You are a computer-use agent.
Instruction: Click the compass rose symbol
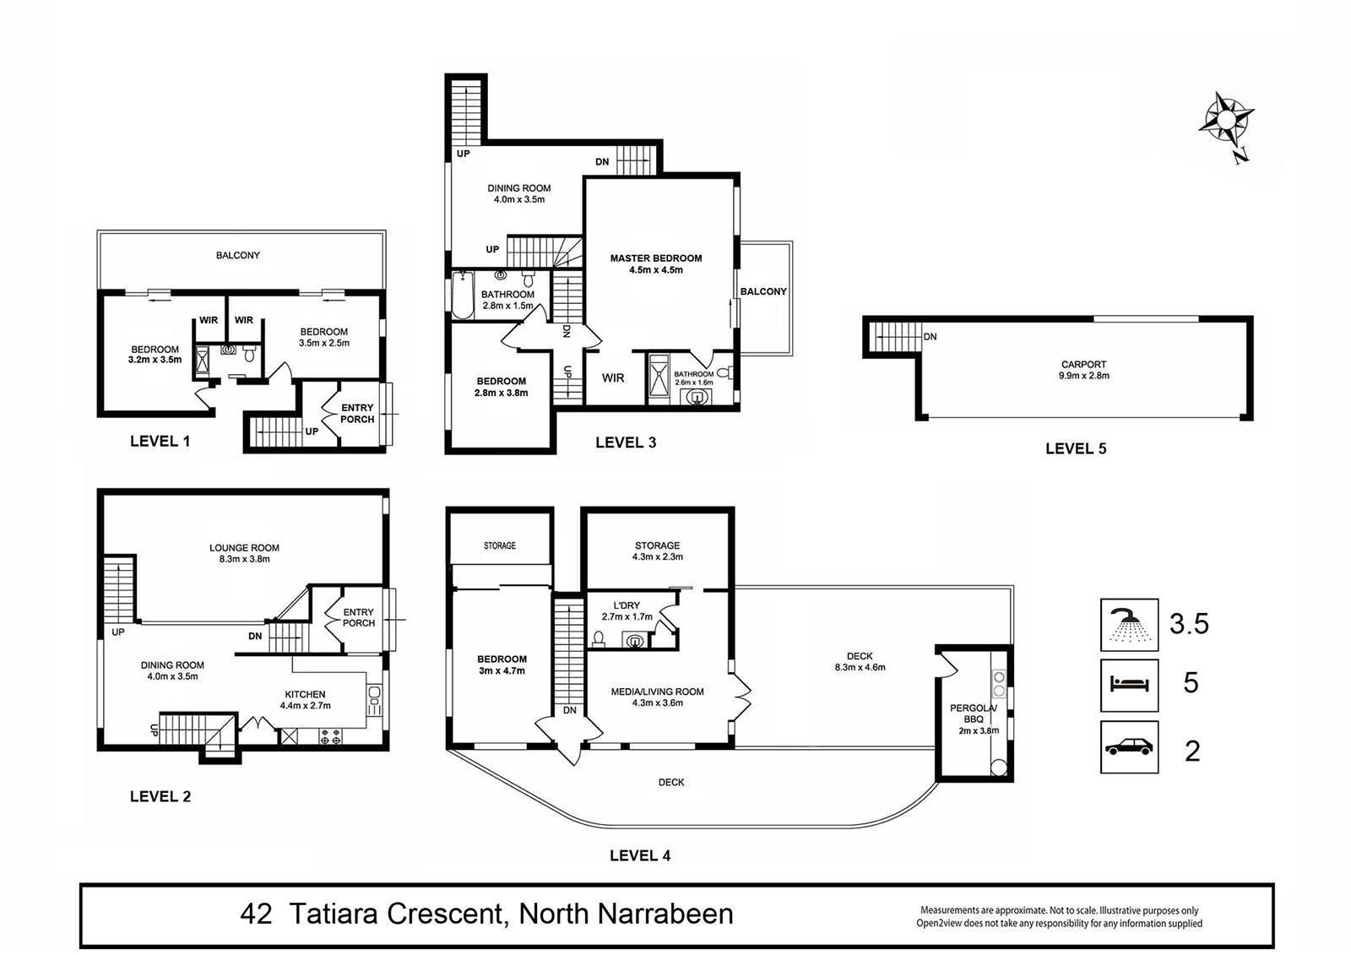pos(1225,122)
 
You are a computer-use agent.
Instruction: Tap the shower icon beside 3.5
pos(1129,624)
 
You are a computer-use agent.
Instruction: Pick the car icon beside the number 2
pos(1129,747)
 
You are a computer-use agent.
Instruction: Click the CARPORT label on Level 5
pos(1084,365)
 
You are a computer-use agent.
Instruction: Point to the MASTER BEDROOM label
pos(656,258)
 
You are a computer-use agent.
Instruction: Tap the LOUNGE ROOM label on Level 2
pos(244,548)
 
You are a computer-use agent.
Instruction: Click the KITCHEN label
pos(305,694)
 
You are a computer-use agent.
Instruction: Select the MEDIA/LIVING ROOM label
pos(658,692)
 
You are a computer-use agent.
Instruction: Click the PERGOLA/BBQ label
pos(974,714)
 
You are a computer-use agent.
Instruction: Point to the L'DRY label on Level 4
pos(627,605)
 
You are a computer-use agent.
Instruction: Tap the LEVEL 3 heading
pos(626,442)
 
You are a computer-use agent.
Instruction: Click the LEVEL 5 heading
pos(1076,449)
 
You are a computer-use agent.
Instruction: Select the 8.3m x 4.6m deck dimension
pos(860,667)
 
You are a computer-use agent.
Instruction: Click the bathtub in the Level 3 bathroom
pos(463,295)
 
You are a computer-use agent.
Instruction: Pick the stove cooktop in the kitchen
pos(330,736)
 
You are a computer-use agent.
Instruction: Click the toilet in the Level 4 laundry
pos(599,638)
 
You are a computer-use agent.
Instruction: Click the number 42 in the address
pos(256,914)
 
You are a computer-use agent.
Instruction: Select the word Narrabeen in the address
pos(665,914)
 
